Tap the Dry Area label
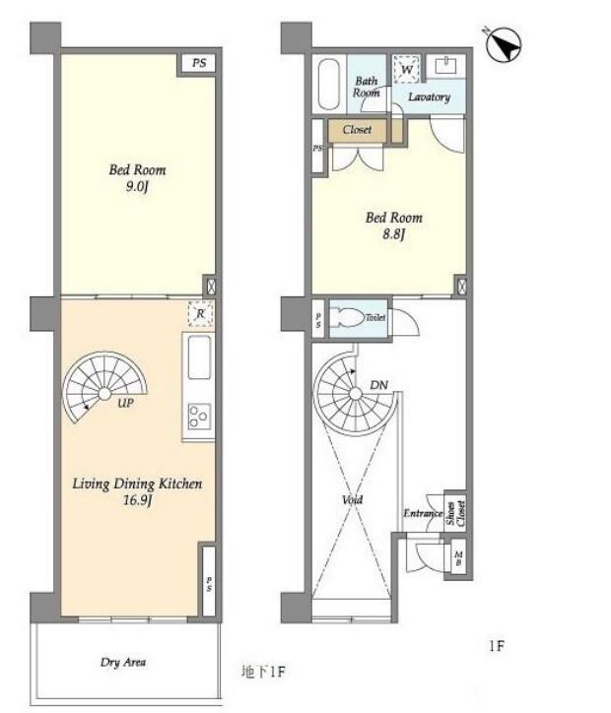pyautogui.click(x=123, y=662)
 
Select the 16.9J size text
pyautogui.click(x=137, y=500)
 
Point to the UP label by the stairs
pyautogui.click(x=125, y=403)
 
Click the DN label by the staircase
pyautogui.click(x=378, y=385)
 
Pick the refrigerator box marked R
pyautogui.click(x=200, y=314)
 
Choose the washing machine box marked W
pyautogui.click(x=407, y=70)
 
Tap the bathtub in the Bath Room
pyautogui.click(x=329, y=85)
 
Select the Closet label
pyautogui.click(x=357, y=130)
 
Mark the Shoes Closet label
pyautogui.click(x=455, y=513)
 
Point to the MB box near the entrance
pyautogui.click(x=458, y=558)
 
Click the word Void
pyautogui.click(x=352, y=499)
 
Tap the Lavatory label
pyautogui.click(x=429, y=97)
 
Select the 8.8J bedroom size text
pyautogui.click(x=393, y=234)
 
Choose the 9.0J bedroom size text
pyautogui.click(x=137, y=187)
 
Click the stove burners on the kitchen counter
pyautogui.click(x=199, y=416)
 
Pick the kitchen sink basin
pyautogui.click(x=199, y=356)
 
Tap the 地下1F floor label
pyautogui.click(x=263, y=672)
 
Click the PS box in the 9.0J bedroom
pyautogui.click(x=198, y=63)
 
